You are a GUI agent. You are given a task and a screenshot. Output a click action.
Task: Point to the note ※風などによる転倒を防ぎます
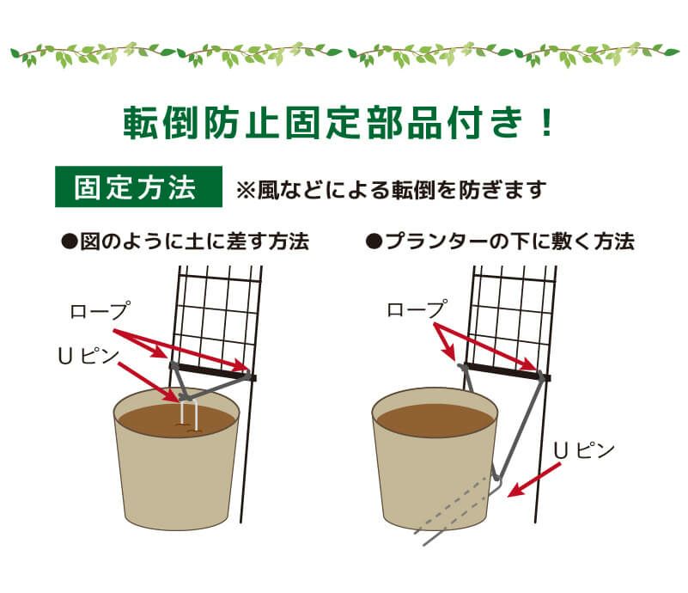point(391,190)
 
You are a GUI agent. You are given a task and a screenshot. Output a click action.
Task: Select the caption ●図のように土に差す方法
point(185,241)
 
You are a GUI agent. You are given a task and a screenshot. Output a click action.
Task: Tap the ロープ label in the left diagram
point(95,311)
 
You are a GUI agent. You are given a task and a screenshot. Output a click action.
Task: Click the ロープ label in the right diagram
point(417,309)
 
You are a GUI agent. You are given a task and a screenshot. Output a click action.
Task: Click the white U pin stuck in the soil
point(191,413)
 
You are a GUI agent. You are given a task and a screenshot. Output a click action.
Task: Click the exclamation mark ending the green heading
point(548,123)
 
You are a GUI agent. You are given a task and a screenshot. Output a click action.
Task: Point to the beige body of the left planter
point(176,481)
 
